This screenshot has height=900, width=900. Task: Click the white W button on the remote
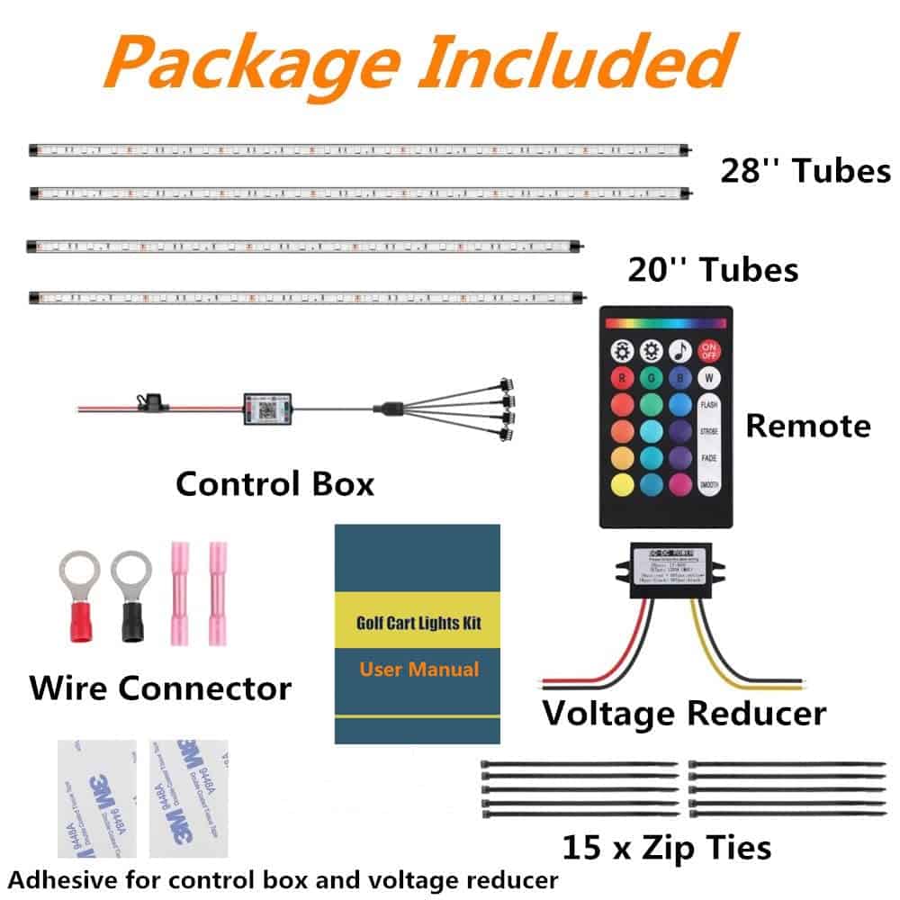click(709, 378)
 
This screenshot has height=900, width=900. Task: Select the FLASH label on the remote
click(709, 406)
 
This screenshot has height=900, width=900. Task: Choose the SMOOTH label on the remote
click(709, 485)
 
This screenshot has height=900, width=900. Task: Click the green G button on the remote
click(652, 378)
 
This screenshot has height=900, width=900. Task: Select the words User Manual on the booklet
click(419, 670)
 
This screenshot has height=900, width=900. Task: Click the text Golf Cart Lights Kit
click(419, 620)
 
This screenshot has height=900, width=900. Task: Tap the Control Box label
click(274, 484)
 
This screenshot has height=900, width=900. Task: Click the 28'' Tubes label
click(805, 170)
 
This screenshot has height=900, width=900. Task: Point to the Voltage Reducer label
click(684, 714)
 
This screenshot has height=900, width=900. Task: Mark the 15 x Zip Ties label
click(667, 847)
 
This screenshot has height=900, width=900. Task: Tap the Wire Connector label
click(160, 689)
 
